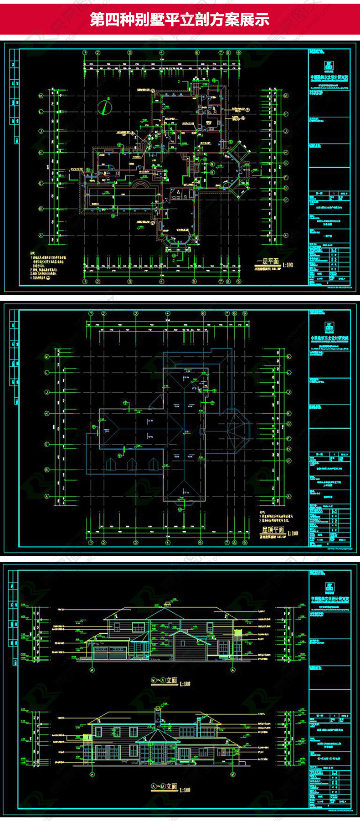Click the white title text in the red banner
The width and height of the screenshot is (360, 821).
[180, 20]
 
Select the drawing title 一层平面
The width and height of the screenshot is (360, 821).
[268, 262]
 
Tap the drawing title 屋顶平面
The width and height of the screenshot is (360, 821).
[272, 530]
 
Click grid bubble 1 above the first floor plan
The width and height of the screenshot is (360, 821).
[85, 53]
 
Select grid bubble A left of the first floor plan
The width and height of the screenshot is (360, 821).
[41, 236]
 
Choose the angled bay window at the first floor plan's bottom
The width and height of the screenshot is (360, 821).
[178, 240]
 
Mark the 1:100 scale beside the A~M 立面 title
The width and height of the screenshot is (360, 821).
[185, 790]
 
